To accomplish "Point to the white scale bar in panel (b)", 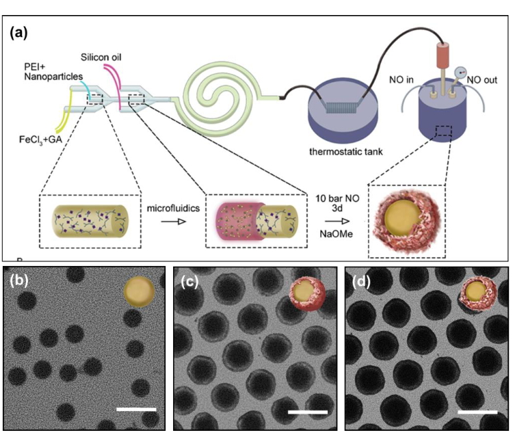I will click(137, 409).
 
